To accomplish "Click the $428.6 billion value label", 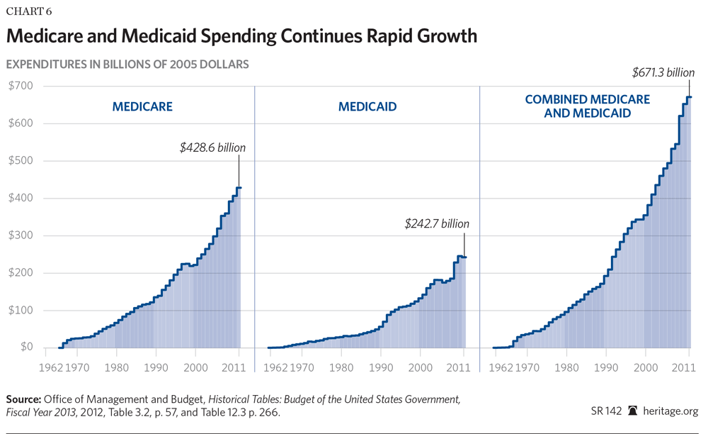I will point(212,148).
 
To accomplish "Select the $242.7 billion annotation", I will point(437,223).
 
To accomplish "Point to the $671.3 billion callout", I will point(663,72).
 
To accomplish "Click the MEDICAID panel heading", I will point(367,107).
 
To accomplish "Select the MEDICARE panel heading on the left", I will point(142,107).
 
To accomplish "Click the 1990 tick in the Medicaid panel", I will point(381,368).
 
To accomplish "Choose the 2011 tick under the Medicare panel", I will point(239,368).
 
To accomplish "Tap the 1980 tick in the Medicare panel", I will point(116,368).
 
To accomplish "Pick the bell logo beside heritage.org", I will point(632,411).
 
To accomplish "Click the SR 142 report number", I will point(606,411).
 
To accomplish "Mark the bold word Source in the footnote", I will point(23,399).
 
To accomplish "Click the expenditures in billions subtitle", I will point(127,64).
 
